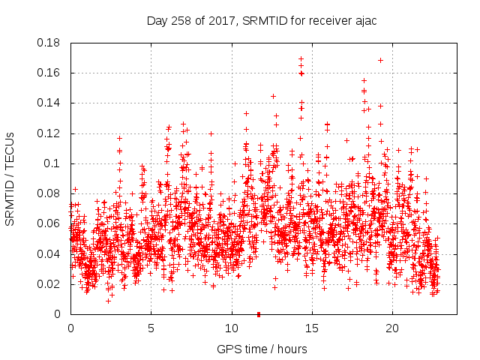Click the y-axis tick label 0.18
tap(51, 43)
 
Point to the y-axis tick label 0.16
tap(51, 73)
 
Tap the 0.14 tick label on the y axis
tap(51, 103)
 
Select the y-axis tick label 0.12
tap(51, 133)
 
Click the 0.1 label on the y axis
tap(54, 163)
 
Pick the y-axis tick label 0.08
tap(51, 193)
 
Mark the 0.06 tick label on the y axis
tap(51, 223)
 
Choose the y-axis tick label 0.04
tap(51, 253)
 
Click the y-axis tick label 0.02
tap(51, 284)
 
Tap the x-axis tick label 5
tap(151, 328)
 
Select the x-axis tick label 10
tap(231, 328)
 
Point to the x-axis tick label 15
tap(311, 328)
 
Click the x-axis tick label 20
tap(391, 328)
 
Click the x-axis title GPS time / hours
tap(261, 349)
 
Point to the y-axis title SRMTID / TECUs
tap(10, 178)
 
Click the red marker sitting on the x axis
tap(258, 313)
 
